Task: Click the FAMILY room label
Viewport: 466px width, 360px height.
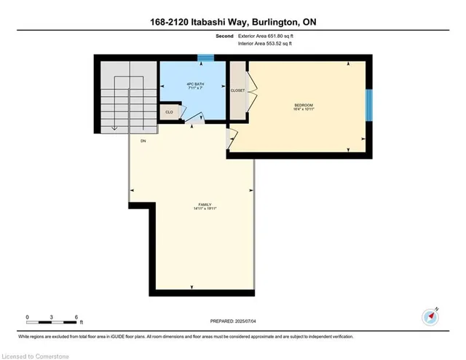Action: tap(205, 204)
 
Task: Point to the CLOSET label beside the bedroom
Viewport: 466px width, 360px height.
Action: tap(237, 90)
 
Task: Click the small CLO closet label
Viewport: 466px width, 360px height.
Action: tap(169, 111)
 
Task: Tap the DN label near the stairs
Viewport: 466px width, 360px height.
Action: tap(144, 141)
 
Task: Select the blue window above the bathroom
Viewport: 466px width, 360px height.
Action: tap(206, 58)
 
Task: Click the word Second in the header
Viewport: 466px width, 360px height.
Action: tap(225, 35)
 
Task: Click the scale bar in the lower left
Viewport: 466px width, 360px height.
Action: tap(52, 318)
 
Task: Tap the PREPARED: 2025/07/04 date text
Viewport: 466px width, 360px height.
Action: tap(233, 321)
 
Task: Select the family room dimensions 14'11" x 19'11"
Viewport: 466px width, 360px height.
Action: tap(205, 208)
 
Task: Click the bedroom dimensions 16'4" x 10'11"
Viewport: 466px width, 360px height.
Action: tap(303, 110)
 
